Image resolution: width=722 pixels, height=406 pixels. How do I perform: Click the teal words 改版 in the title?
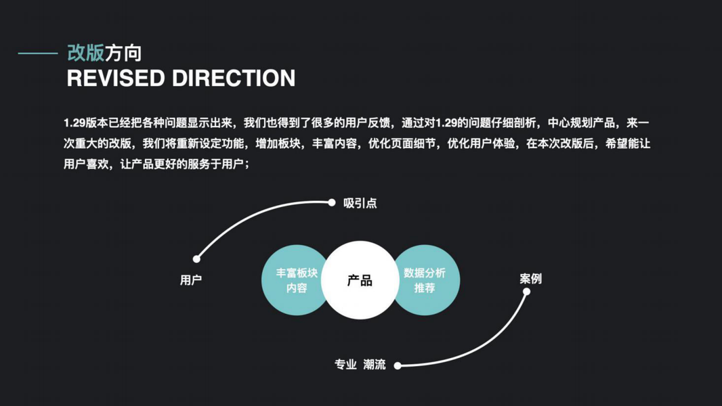tap(85, 53)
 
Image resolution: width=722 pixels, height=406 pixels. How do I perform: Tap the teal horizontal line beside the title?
tap(38, 53)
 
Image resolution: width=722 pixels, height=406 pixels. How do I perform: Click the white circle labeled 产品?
tap(360, 280)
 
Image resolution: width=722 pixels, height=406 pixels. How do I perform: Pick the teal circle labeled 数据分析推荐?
tap(428, 280)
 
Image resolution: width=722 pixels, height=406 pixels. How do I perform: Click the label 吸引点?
tap(360, 203)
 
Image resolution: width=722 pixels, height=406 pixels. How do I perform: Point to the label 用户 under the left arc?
tap(191, 280)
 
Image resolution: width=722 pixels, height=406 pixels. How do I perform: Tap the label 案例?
tap(530, 279)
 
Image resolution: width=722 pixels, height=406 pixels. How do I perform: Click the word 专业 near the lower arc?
tap(345, 365)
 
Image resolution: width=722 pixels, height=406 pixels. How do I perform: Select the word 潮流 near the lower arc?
tap(375, 365)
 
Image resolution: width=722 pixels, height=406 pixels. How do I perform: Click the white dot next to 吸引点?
tap(332, 202)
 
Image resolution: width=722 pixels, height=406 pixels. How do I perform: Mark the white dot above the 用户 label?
tap(196, 258)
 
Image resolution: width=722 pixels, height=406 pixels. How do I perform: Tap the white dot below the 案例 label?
tap(527, 292)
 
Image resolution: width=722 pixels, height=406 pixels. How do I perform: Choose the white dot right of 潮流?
tap(398, 365)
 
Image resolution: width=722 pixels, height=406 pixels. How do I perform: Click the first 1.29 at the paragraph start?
tap(74, 123)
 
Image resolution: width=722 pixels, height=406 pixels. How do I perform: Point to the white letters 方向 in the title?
tap(123, 53)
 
